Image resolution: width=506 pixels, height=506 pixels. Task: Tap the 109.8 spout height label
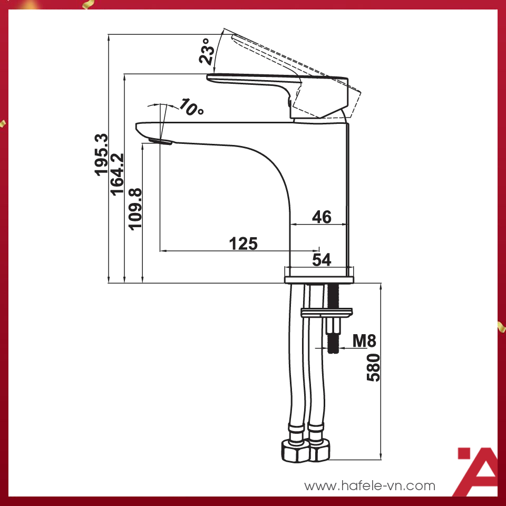[135, 208]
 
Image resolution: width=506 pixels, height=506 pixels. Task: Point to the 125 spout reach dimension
[243, 244]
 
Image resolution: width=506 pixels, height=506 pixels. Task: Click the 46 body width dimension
[322, 217]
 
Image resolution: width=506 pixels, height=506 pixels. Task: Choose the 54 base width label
[322, 259]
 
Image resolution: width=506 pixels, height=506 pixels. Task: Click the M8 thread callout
[364, 341]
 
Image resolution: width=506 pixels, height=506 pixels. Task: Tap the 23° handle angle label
[207, 51]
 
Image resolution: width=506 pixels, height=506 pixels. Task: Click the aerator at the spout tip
[160, 140]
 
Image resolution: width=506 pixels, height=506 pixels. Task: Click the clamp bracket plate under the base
[327, 313]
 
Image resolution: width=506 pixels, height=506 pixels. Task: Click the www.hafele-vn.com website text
[370, 485]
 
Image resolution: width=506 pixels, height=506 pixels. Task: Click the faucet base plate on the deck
[319, 277]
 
